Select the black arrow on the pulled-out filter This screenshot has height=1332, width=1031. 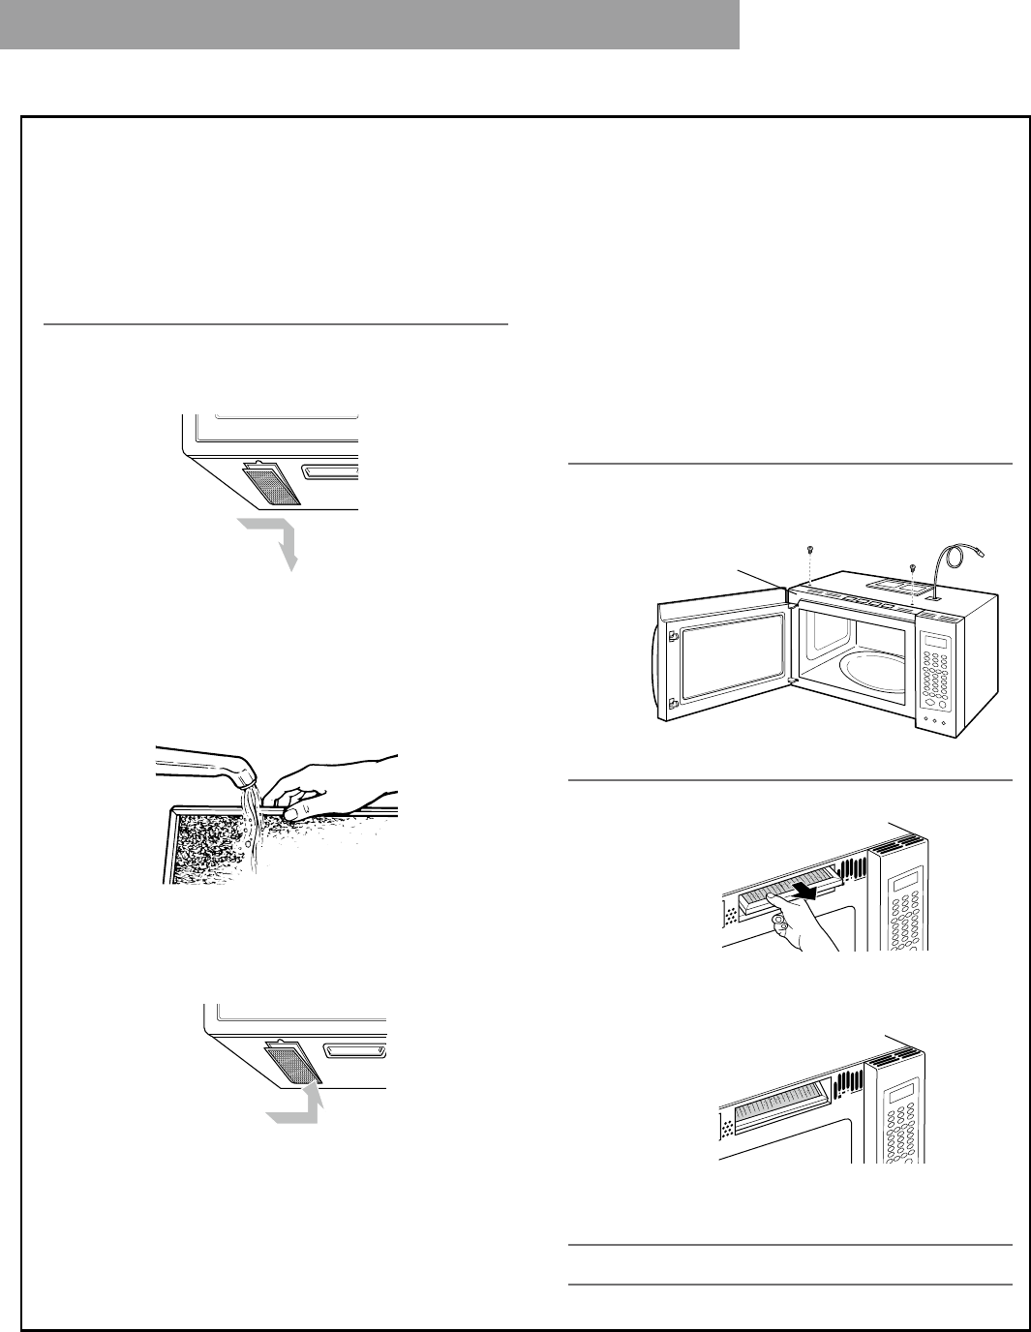tap(807, 890)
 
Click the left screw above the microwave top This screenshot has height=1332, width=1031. tap(807, 551)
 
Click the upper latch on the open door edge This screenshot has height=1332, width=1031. tap(671, 636)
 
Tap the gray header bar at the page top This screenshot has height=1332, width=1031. tap(370, 24)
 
